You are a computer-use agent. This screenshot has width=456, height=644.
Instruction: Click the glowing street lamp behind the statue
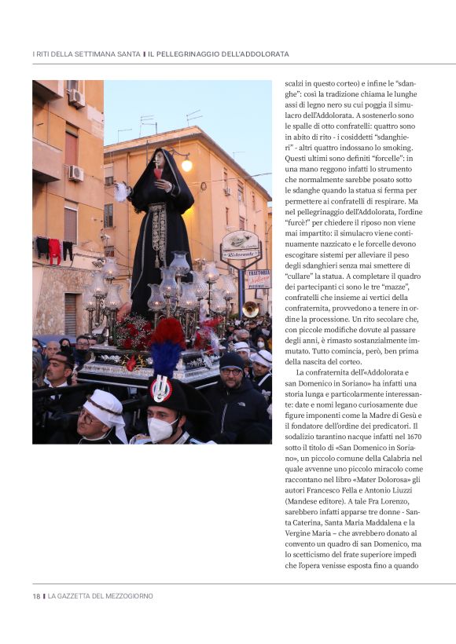tap(186, 165)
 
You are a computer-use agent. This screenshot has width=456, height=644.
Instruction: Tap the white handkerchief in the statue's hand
tap(122, 192)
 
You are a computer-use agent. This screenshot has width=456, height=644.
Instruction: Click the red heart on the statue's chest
tap(158, 174)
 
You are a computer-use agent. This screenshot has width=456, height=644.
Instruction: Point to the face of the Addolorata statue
tap(159, 159)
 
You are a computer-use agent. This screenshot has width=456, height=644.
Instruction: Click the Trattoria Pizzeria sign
tap(259, 279)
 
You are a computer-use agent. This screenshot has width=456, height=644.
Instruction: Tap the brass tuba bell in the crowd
tap(250, 309)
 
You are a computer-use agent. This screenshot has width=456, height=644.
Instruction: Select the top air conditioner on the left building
tap(76, 97)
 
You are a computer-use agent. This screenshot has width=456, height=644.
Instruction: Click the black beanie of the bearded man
tap(232, 360)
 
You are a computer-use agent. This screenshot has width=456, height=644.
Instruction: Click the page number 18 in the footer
tap(36, 596)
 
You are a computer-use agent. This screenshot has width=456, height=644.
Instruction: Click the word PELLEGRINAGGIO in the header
tap(194, 54)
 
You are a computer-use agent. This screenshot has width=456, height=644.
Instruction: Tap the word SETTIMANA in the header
tap(96, 54)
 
